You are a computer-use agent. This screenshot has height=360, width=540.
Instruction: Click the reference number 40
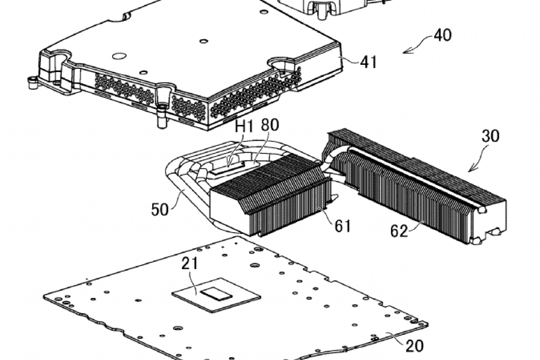click(443, 35)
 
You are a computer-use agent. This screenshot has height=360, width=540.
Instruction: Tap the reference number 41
click(369, 62)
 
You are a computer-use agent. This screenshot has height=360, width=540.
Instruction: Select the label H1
click(244, 126)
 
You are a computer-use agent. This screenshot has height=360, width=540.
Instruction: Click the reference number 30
click(491, 136)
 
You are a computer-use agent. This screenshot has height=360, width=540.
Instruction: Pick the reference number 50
click(160, 209)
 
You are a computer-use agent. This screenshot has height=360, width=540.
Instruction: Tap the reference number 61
click(342, 226)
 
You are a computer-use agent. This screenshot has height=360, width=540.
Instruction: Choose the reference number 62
click(399, 231)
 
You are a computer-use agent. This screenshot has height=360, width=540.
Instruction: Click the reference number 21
click(190, 263)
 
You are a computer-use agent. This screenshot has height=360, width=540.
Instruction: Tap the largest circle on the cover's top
click(119, 56)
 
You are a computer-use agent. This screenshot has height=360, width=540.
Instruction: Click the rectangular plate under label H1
click(228, 168)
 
